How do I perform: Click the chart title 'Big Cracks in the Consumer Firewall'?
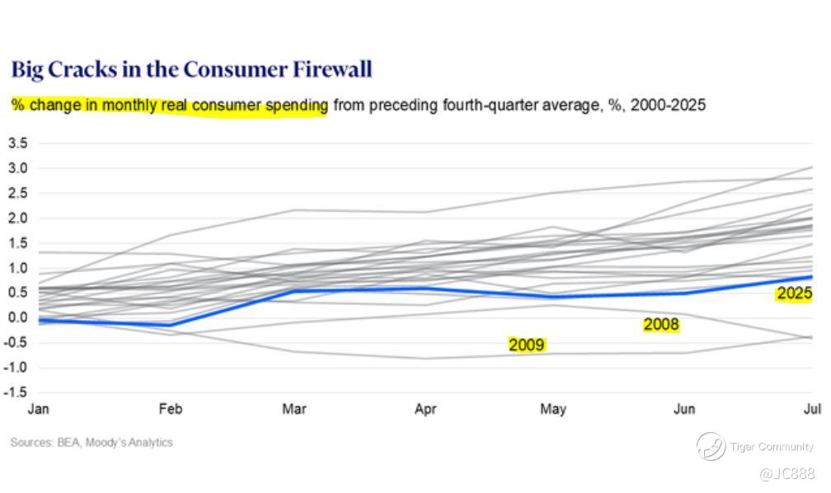pyautogui.click(x=191, y=69)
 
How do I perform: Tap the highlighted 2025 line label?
pyautogui.click(x=794, y=293)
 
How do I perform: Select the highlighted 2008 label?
pyautogui.click(x=661, y=325)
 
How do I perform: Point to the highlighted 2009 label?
pyautogui.click(x=527, y=345)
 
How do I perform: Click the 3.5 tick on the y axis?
pyautogui.click(x=17, y=143)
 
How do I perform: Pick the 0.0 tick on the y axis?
pyautogui.click(x=17, y=317)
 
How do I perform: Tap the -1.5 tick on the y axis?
pyautogui.click(x=16, y=392)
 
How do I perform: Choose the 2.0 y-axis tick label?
pyautogui.click(x=17, y=218)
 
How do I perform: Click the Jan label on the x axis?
pyautogui.click(x=38, y=409)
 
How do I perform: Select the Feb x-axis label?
pyautogui.click(x=170, y=409)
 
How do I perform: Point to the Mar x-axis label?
pyautogui.click(x=295, y=409)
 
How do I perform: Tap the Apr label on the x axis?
pyautogui.click(x=425, y=409)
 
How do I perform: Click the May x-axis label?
pyautogui.click(x=553, y=409)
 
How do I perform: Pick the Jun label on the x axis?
pyautogui.click(x=684, y=409)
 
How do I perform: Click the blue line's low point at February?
pyautogui.click(x=171, y=325)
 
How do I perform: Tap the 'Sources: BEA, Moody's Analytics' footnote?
pyautogui.click(x=92, y=443)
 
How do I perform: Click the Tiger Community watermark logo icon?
pyautogui.click(x=711, y=446)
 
